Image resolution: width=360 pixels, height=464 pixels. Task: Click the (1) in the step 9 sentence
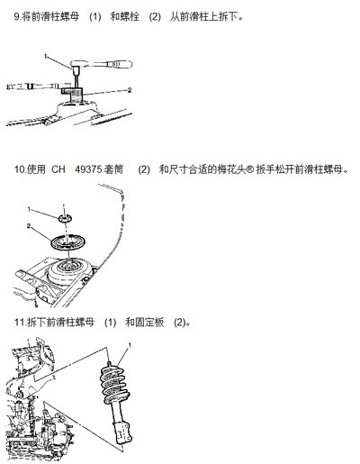tap(95, 16)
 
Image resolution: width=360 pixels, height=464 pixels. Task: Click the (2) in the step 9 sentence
tap(155, 16)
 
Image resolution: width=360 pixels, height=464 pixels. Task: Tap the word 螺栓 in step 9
tap(124, 16)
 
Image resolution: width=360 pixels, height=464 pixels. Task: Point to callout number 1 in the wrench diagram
tap(46, 56)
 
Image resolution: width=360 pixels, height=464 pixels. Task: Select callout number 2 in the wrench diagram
tap(130, 90)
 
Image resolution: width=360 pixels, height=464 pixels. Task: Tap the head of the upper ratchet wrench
tap(78, 64)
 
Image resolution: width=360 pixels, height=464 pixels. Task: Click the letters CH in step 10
tap(58, 169)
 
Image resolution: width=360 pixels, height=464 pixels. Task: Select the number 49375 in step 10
tap(88, 169)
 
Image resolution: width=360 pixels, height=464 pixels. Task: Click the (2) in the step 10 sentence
tap(144, 169)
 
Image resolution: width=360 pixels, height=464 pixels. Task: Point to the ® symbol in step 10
tap(250, 169)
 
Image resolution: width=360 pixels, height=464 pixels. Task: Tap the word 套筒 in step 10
tap(113, 169)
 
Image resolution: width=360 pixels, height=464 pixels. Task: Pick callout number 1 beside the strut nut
tap(29, 209)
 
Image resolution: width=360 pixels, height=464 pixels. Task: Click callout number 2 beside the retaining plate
tap(29, 225)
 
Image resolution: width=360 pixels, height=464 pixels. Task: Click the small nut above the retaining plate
tap(65, 218)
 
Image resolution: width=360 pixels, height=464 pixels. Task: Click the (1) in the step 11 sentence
tap(110, 323)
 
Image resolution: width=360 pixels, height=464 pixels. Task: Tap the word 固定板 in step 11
tap(145, 323)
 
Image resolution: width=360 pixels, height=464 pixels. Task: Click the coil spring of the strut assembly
tap(115, 385)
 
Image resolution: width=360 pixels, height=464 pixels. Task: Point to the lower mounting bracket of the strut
tap(123, 432)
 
